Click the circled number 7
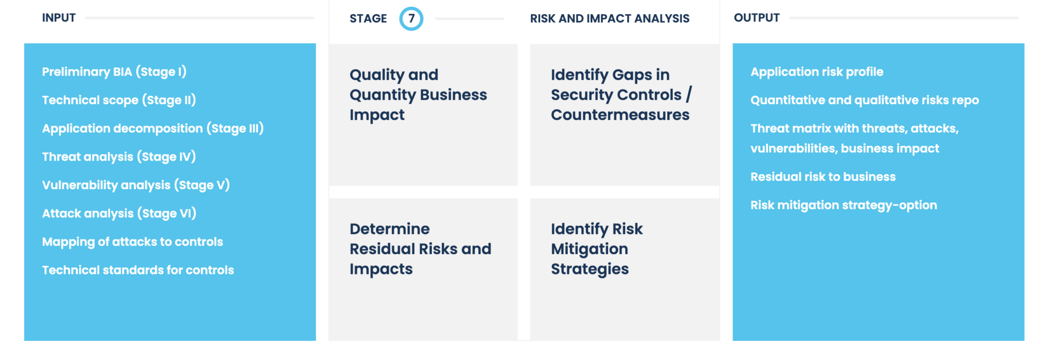(411, 19)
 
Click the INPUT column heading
(59, 18)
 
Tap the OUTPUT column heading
(756, 18)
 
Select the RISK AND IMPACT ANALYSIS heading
(609, 19)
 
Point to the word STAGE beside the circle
(368, 19)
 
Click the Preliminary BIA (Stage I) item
(114, 72)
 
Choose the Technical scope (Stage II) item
(119, 100)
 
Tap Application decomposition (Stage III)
(153, 129)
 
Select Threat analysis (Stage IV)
(119, 157)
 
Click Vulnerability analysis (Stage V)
(136, 185)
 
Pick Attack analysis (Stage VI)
(119, 214)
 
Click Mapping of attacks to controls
(133, 242)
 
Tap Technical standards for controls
(138, 270)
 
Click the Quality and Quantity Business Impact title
(418, 95)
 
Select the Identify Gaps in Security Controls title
(621, 95)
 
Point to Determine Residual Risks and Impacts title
(420, 249)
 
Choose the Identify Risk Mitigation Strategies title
(596, 249)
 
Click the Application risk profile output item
(816, 72)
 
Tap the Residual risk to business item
(823, 177)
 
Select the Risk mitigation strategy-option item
(843, 205)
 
